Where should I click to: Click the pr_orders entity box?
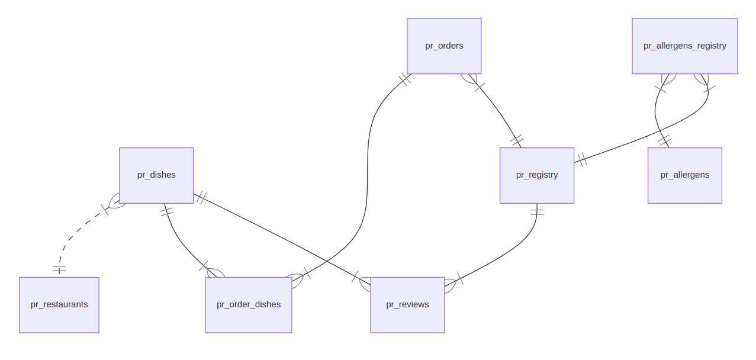pos(444,46)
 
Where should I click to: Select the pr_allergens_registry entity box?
pos(684,46)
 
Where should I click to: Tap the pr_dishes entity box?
pos(156,175)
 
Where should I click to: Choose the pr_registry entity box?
pos(537,175)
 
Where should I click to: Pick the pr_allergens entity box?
pos(684,175)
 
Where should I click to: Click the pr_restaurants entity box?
pos(59,305)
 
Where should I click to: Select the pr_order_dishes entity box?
pos(249,305)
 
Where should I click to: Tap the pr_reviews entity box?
pos(407,305)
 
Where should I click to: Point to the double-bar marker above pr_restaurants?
pos(59,269)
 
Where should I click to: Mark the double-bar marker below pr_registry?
pos(537,211)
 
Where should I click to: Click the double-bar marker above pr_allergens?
pos(665,141)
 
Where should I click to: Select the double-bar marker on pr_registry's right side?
pos(582,159)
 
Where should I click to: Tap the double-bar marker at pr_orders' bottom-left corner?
pos(404,79)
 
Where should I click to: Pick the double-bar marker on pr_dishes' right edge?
pos(201,197)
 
